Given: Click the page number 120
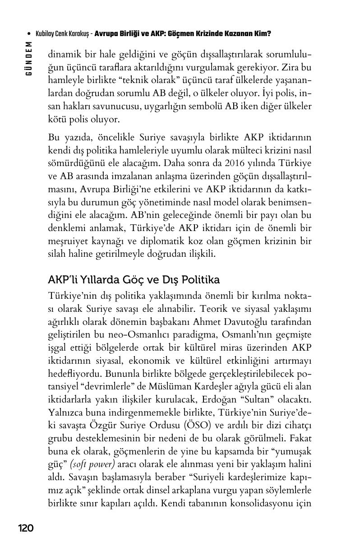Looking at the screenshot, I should pos(26,528).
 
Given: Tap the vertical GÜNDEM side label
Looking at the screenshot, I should pos(29,59).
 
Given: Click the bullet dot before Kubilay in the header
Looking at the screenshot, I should pos(29,34).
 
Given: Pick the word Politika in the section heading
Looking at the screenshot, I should pos(201,280).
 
